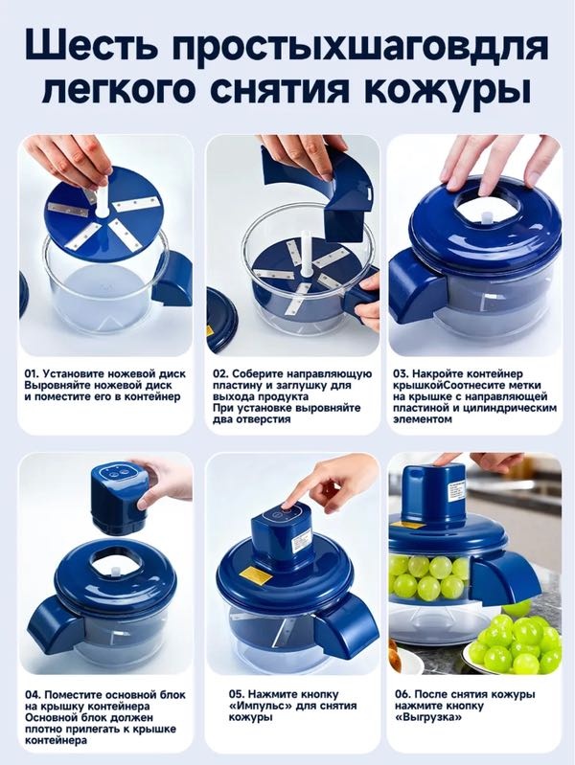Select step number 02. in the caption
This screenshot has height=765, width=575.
click(219, 373)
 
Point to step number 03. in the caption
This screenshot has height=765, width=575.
click(401, 373)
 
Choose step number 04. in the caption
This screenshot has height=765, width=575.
click(33, 695)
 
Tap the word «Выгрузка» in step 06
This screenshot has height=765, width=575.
click(428, 717)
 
